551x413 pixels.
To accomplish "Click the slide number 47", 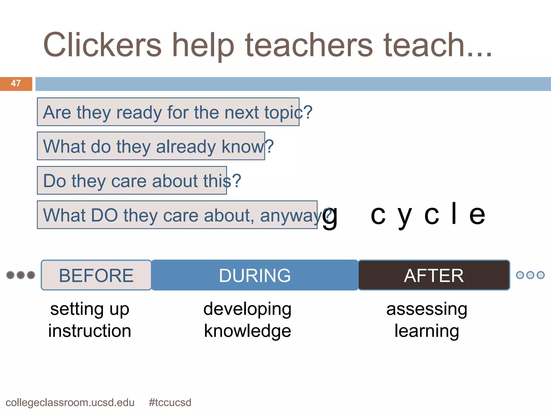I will click(x=16, y=83).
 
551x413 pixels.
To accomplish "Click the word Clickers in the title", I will click(x=102, y=45).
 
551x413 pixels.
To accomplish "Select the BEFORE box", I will click(x=96, y=275).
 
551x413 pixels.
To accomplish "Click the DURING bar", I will click(x=255, y=275).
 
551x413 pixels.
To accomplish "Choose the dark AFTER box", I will click(x=434, y=275).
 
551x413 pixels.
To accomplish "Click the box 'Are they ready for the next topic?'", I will click(x=168, y=112).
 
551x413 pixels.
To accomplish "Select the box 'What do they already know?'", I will click(x=151, y=146).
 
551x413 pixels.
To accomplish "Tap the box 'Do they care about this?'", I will click(x=132, y=180).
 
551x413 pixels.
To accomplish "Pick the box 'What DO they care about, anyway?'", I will click(x=177, y=215).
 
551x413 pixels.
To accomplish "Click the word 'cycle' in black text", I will click(x=428, y=214).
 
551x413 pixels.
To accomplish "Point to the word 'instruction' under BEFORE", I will click(x=90, y=331).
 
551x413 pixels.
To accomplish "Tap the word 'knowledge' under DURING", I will click(x=247, y=331).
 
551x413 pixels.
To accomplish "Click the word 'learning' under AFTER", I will click(x=427, y=331).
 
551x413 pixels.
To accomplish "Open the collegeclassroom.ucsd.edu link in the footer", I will click(x=70, y=403).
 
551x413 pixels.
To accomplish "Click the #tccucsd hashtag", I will click(x=170, y=403).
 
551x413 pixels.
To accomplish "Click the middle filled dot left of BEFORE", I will click(x=21, y=275).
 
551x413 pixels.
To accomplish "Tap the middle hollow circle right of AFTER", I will click(x=530, y=275).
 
